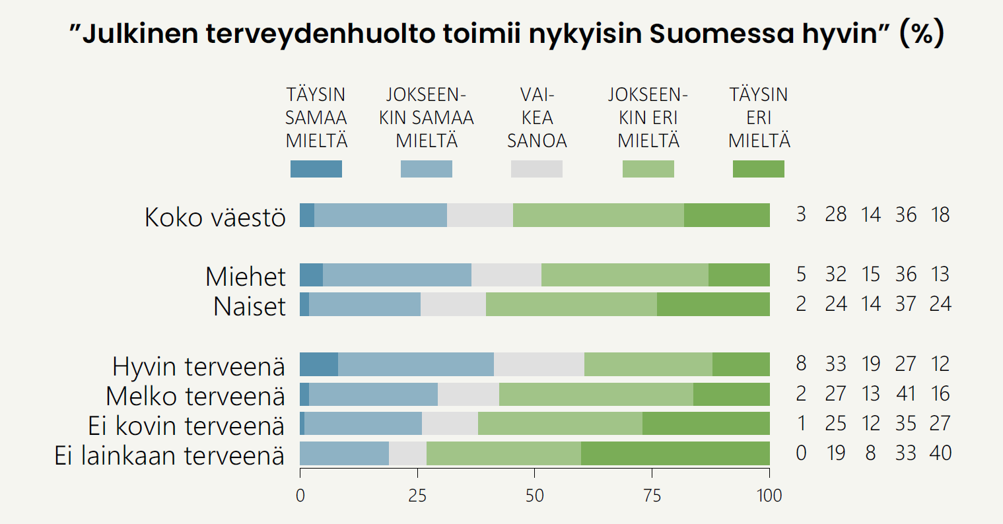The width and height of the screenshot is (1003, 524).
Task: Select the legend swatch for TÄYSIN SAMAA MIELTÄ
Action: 316,169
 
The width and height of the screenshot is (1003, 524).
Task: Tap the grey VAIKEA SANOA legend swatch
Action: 537,169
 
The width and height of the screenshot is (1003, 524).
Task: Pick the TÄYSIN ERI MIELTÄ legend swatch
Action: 759,169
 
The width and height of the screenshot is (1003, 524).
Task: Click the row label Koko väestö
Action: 215,217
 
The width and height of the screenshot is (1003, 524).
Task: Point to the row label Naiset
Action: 250,306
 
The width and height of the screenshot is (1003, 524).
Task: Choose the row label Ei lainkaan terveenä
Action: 170,455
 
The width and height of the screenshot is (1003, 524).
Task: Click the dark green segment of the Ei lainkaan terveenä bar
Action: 675,453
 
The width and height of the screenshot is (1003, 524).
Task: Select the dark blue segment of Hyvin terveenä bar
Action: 319,364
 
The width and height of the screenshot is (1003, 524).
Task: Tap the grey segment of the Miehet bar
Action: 506,275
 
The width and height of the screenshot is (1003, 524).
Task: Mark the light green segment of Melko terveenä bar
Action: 596,394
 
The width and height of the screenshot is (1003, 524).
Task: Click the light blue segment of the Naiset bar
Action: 364,304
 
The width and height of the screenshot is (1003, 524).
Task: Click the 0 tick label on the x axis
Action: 300,495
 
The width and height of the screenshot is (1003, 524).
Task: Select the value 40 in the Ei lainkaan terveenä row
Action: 940,453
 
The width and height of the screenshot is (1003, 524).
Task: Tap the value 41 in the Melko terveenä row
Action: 905,394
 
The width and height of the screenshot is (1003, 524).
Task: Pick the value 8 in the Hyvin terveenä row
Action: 801,364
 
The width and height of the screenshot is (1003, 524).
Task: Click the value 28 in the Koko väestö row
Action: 835,215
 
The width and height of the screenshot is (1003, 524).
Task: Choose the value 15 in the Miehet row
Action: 871,275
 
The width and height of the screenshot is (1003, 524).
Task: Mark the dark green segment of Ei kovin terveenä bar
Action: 706,424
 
